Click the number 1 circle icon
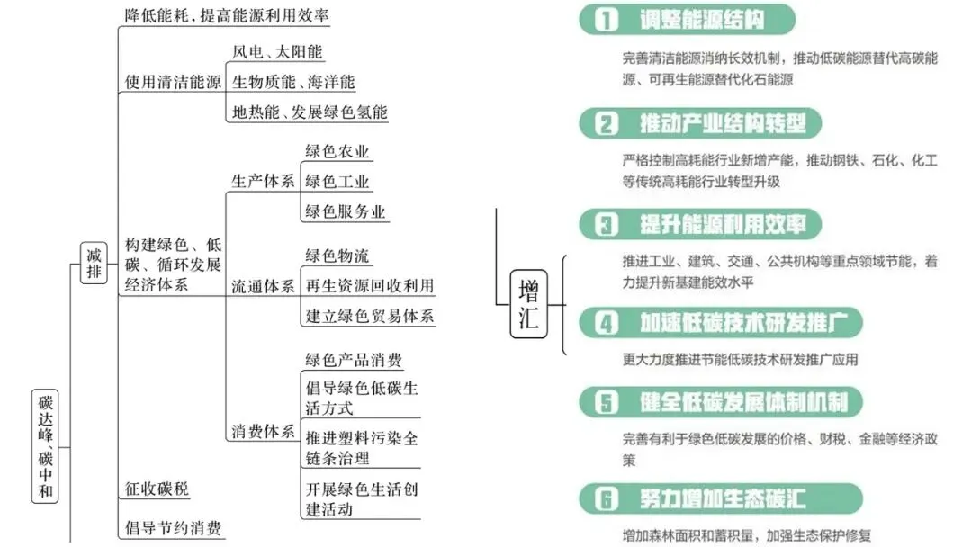(608, 21)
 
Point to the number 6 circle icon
(608, 498)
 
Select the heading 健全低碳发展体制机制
(743, 401)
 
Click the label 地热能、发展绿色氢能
(310, 112)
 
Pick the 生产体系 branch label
(263, 181)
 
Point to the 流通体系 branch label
(263, 287)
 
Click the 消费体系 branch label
(263, 432)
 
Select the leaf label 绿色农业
(337, 151)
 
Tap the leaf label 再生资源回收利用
(369, 286)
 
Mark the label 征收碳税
(157, 489)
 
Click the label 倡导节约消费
(173, 528)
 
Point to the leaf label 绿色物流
(337, 256)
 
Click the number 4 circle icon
(608, 322)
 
